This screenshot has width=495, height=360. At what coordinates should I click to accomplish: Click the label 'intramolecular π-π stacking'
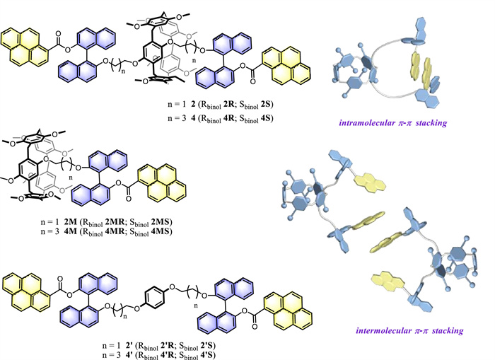click(405, 123)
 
